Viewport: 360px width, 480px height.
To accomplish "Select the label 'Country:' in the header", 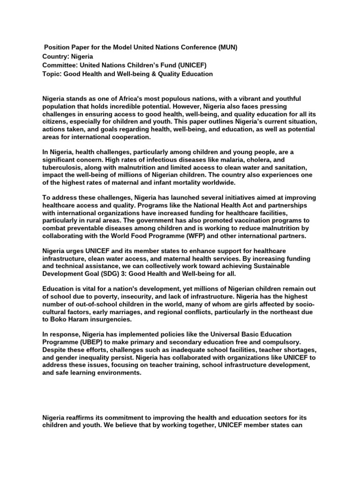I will (56, 56).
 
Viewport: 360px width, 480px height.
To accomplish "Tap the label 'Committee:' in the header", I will (60, 65).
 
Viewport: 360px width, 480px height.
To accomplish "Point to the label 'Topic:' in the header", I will (52, 74).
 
